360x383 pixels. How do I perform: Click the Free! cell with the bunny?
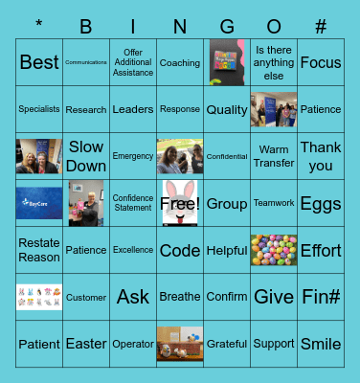[180, 203]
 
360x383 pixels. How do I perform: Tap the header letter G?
[227, 27]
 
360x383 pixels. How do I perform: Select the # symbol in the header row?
[321, 27]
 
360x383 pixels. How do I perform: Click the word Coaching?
[180, 63]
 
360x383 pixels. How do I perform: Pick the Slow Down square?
[86, 156]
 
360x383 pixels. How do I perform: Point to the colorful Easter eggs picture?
[274, 250]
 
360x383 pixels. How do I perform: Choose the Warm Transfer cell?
[274, 156]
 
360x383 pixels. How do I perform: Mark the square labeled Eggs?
[321, 203]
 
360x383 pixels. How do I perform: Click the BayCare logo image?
[39, 203]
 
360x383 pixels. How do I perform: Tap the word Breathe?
[180, 297]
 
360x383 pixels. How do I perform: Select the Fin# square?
[321, 297]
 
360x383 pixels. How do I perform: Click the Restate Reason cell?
[39, 250]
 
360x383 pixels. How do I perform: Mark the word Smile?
[321, 344]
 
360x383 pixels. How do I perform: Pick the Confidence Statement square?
[133, 203]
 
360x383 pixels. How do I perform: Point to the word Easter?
[86, 344]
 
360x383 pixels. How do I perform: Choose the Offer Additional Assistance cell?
[133, 63]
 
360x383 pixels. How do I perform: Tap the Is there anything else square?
[274, 63]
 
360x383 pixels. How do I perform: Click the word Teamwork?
[274, 203]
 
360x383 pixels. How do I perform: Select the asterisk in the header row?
[39, 25]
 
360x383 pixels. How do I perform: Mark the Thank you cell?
[321, 156]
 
